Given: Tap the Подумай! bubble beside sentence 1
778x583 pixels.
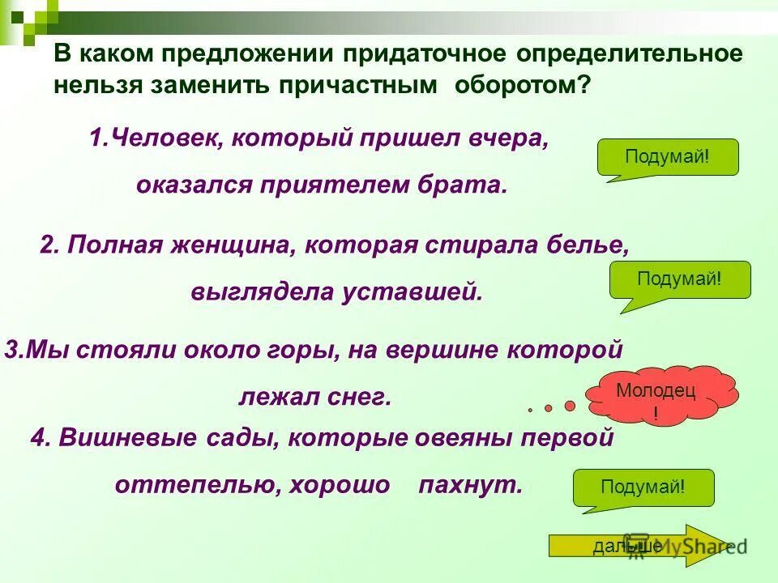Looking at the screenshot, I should tap(667, 156).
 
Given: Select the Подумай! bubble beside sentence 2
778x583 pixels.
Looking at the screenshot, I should tap(679, 279).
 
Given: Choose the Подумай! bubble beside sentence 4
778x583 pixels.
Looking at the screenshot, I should tap(643, 487).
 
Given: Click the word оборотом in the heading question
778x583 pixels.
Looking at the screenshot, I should tap(523, 85).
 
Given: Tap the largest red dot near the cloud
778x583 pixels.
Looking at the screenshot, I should tap(570, 405).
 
